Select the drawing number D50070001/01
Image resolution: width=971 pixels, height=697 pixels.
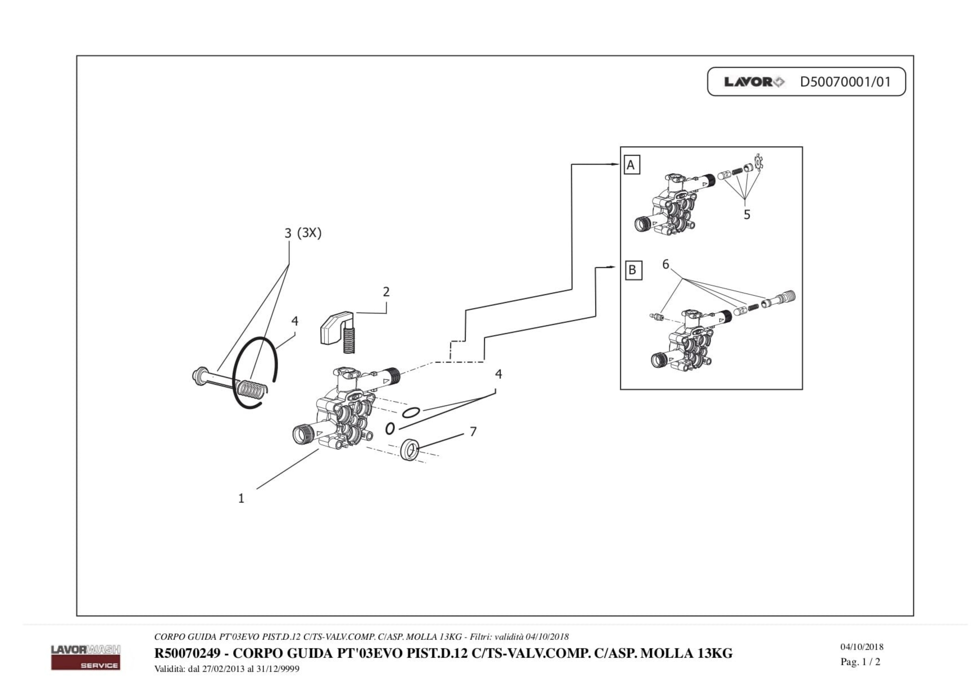tap(845, 82)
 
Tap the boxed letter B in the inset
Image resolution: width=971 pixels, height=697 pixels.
tap(633, 270)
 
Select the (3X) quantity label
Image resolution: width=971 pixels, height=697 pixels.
tap(310, 233)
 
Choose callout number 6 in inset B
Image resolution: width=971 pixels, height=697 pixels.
tap(665, 264)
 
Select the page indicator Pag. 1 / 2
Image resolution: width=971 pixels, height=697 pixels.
tap(860, 662)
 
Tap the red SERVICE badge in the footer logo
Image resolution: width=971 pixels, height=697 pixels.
tap(86, 665)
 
